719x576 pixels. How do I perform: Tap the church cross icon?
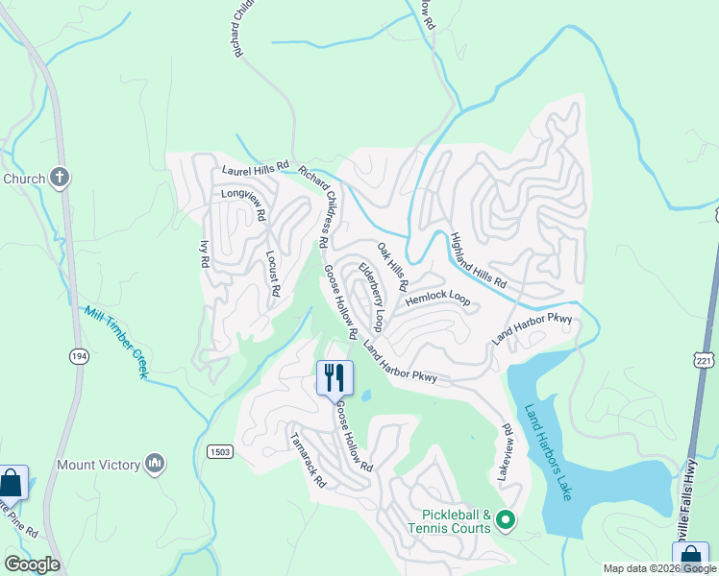point(59,178)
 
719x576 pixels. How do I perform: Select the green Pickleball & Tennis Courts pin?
point(506,521)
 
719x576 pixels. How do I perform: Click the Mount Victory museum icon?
point(155,466)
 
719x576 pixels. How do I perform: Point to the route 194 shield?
point(78,356)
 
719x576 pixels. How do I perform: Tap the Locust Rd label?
point(273,273)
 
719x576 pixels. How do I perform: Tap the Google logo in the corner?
point(31,564)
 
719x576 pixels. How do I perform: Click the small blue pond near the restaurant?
point(365,396)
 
